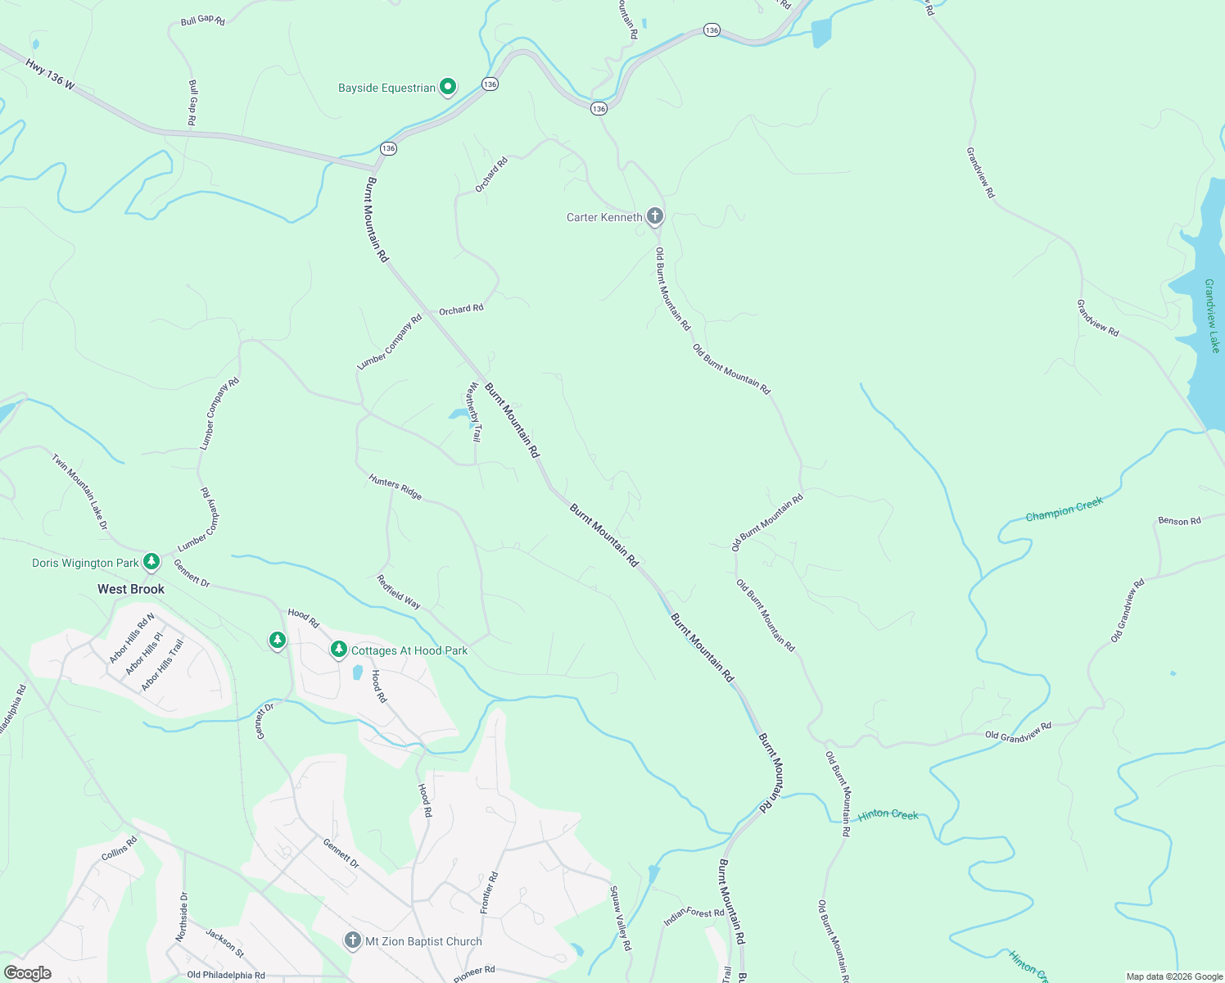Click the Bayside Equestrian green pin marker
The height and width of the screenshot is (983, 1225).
point(448,87)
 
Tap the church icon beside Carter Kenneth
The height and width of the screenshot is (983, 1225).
point(654,216)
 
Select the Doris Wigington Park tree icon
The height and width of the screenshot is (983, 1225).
point(151,562)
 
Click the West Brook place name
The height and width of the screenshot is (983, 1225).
point(131,589)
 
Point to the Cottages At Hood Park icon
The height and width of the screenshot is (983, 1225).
point(338,650)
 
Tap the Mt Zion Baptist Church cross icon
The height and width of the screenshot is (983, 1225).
point(352,940)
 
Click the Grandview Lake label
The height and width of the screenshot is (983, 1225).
point(1212,316)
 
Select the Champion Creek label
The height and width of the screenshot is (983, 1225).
point(1065,510)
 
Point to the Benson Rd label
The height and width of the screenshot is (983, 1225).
point(1179,521)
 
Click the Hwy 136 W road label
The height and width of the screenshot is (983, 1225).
point(50,74)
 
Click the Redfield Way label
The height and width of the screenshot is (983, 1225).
point(399,591)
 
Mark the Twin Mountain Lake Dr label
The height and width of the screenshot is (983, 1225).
point(80,491)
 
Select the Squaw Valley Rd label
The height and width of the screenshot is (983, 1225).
point(621,918)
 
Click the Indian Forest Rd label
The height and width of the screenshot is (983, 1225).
point(694,917)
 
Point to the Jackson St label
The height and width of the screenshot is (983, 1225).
point(224,943)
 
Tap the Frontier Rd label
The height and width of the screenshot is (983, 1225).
point(488,893)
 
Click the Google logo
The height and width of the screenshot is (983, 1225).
point(28,973)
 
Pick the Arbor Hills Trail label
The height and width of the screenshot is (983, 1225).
point(163,665)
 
